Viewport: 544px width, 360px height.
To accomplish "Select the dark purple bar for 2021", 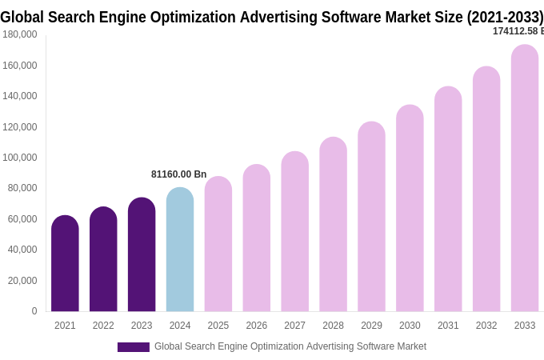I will point(65,264).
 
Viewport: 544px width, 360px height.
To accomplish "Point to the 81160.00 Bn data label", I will point(179,174).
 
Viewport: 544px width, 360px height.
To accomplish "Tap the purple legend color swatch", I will point(133,347).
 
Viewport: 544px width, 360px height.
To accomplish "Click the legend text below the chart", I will point(290,346).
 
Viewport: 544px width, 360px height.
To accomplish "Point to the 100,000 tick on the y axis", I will point(20,158).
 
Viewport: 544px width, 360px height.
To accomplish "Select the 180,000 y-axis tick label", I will point(20,34).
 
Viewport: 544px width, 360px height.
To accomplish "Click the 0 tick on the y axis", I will point(34,311).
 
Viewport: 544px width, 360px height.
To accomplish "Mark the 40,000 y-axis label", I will point(22,250).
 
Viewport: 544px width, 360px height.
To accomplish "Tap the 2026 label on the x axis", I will point(257,326).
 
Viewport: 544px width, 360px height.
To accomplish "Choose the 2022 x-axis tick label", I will point(103,326).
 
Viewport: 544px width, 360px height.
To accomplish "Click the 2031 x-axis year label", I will point(448,326).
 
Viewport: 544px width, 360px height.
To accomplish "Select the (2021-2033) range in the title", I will point(504,17).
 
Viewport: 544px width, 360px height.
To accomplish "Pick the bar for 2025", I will point(218,244).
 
